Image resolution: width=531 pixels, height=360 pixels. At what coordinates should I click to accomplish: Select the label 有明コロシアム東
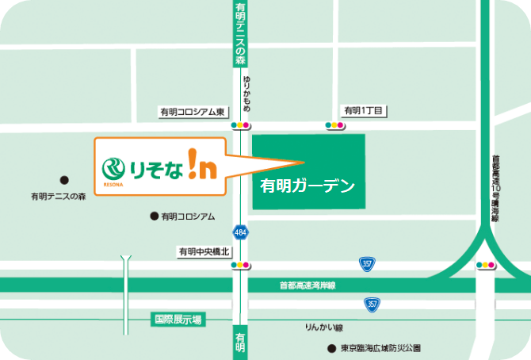coord(194,113)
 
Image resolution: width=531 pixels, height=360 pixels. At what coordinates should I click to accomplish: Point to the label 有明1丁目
coord(362,110)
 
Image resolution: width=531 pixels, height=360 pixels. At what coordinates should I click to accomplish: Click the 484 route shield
coord(239,232)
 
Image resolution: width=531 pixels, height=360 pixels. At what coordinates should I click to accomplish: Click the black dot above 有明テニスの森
coord(65,180)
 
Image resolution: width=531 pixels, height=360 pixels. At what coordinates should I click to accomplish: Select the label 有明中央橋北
coord(203,251)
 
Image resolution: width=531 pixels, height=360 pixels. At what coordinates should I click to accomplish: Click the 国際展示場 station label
coord(177,320)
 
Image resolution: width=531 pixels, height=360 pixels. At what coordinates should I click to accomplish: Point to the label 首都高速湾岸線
coord(308,285)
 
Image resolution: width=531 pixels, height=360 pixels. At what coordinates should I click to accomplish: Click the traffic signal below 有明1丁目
coord(334,125)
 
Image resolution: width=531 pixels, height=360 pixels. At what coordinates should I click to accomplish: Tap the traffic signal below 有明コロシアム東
coord(240,125)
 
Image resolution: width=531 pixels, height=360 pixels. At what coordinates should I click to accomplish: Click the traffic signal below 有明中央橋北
coord(240,266)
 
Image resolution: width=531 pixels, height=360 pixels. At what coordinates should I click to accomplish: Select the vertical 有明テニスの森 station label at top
coord(240,33)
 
